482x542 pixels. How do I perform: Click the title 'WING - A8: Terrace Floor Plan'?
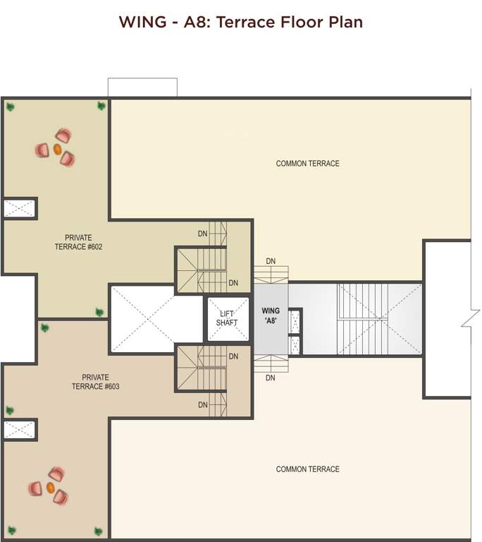click(x=241, y=22)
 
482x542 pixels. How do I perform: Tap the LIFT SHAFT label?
click(x=227, y=318)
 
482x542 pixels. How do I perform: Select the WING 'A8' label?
click(x=271, y=315)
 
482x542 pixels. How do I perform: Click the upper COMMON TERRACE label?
click(x=307, y=164)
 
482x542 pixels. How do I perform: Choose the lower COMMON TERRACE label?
click(x=307, y=469)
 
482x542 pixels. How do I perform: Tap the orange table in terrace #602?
click(x=57, y=150)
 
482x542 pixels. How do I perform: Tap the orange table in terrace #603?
click(x=51, y=488)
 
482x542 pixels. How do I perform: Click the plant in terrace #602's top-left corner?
click(x=11, y=107)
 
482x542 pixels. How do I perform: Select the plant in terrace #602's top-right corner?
click(x=101, y=106)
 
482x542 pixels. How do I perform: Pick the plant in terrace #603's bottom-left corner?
click(x=10, y=531)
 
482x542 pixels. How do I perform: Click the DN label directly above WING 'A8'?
click(x=271, y=261)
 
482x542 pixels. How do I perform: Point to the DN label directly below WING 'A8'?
click(x=271, y=378)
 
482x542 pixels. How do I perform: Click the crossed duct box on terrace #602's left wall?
click(x=20, y=208)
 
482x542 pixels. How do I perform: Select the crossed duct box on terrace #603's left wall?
click(x=20, y=430)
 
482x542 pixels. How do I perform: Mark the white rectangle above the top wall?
click(x=142, y=87)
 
